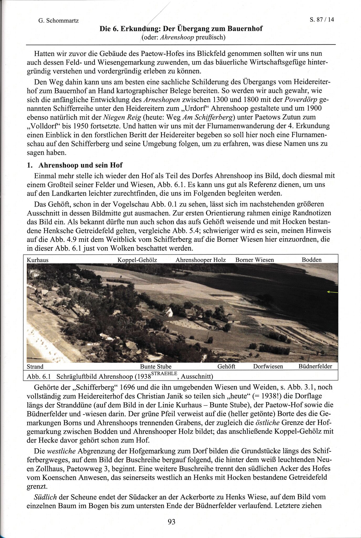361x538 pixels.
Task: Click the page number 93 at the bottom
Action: [171, 522]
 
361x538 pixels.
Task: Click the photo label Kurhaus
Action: [38, 260]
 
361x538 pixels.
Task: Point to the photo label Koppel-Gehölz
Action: [137, 260]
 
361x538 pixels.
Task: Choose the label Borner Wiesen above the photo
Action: [255, 260]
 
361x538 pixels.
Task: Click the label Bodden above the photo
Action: [312, 260]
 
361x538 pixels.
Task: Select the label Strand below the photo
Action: [35, 366]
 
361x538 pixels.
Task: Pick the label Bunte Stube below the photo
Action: [156, 366]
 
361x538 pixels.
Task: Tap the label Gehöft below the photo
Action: [226, 366]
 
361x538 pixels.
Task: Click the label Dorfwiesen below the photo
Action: [268, 366]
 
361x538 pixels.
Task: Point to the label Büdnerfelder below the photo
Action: [315, 366]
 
